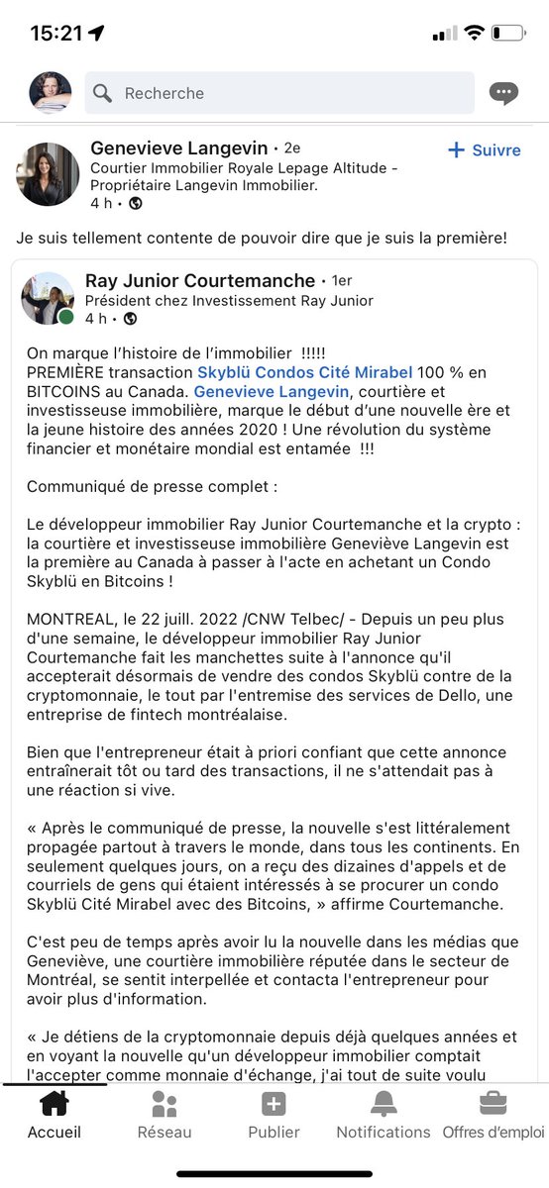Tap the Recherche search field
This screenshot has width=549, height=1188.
point(277,93)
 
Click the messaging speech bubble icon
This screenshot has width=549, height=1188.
point(503,94)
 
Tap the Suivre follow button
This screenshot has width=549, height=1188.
point(485,150)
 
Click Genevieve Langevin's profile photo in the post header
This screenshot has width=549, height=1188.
point(47,174)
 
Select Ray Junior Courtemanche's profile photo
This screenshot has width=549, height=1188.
point(48,299)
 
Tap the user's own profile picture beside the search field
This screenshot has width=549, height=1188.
point(50,93)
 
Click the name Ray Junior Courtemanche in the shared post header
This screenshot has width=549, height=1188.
point(200,281)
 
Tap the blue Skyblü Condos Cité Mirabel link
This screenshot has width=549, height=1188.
point(304,372)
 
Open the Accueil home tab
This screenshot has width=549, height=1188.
point(54,1115)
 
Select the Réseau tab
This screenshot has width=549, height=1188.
point(165,1115)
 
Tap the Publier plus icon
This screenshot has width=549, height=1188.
point(274,1105)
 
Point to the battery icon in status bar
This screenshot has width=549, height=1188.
point(509,33)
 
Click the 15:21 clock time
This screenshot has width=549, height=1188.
point(55,33)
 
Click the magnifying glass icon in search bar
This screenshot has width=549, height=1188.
point(103,93)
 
